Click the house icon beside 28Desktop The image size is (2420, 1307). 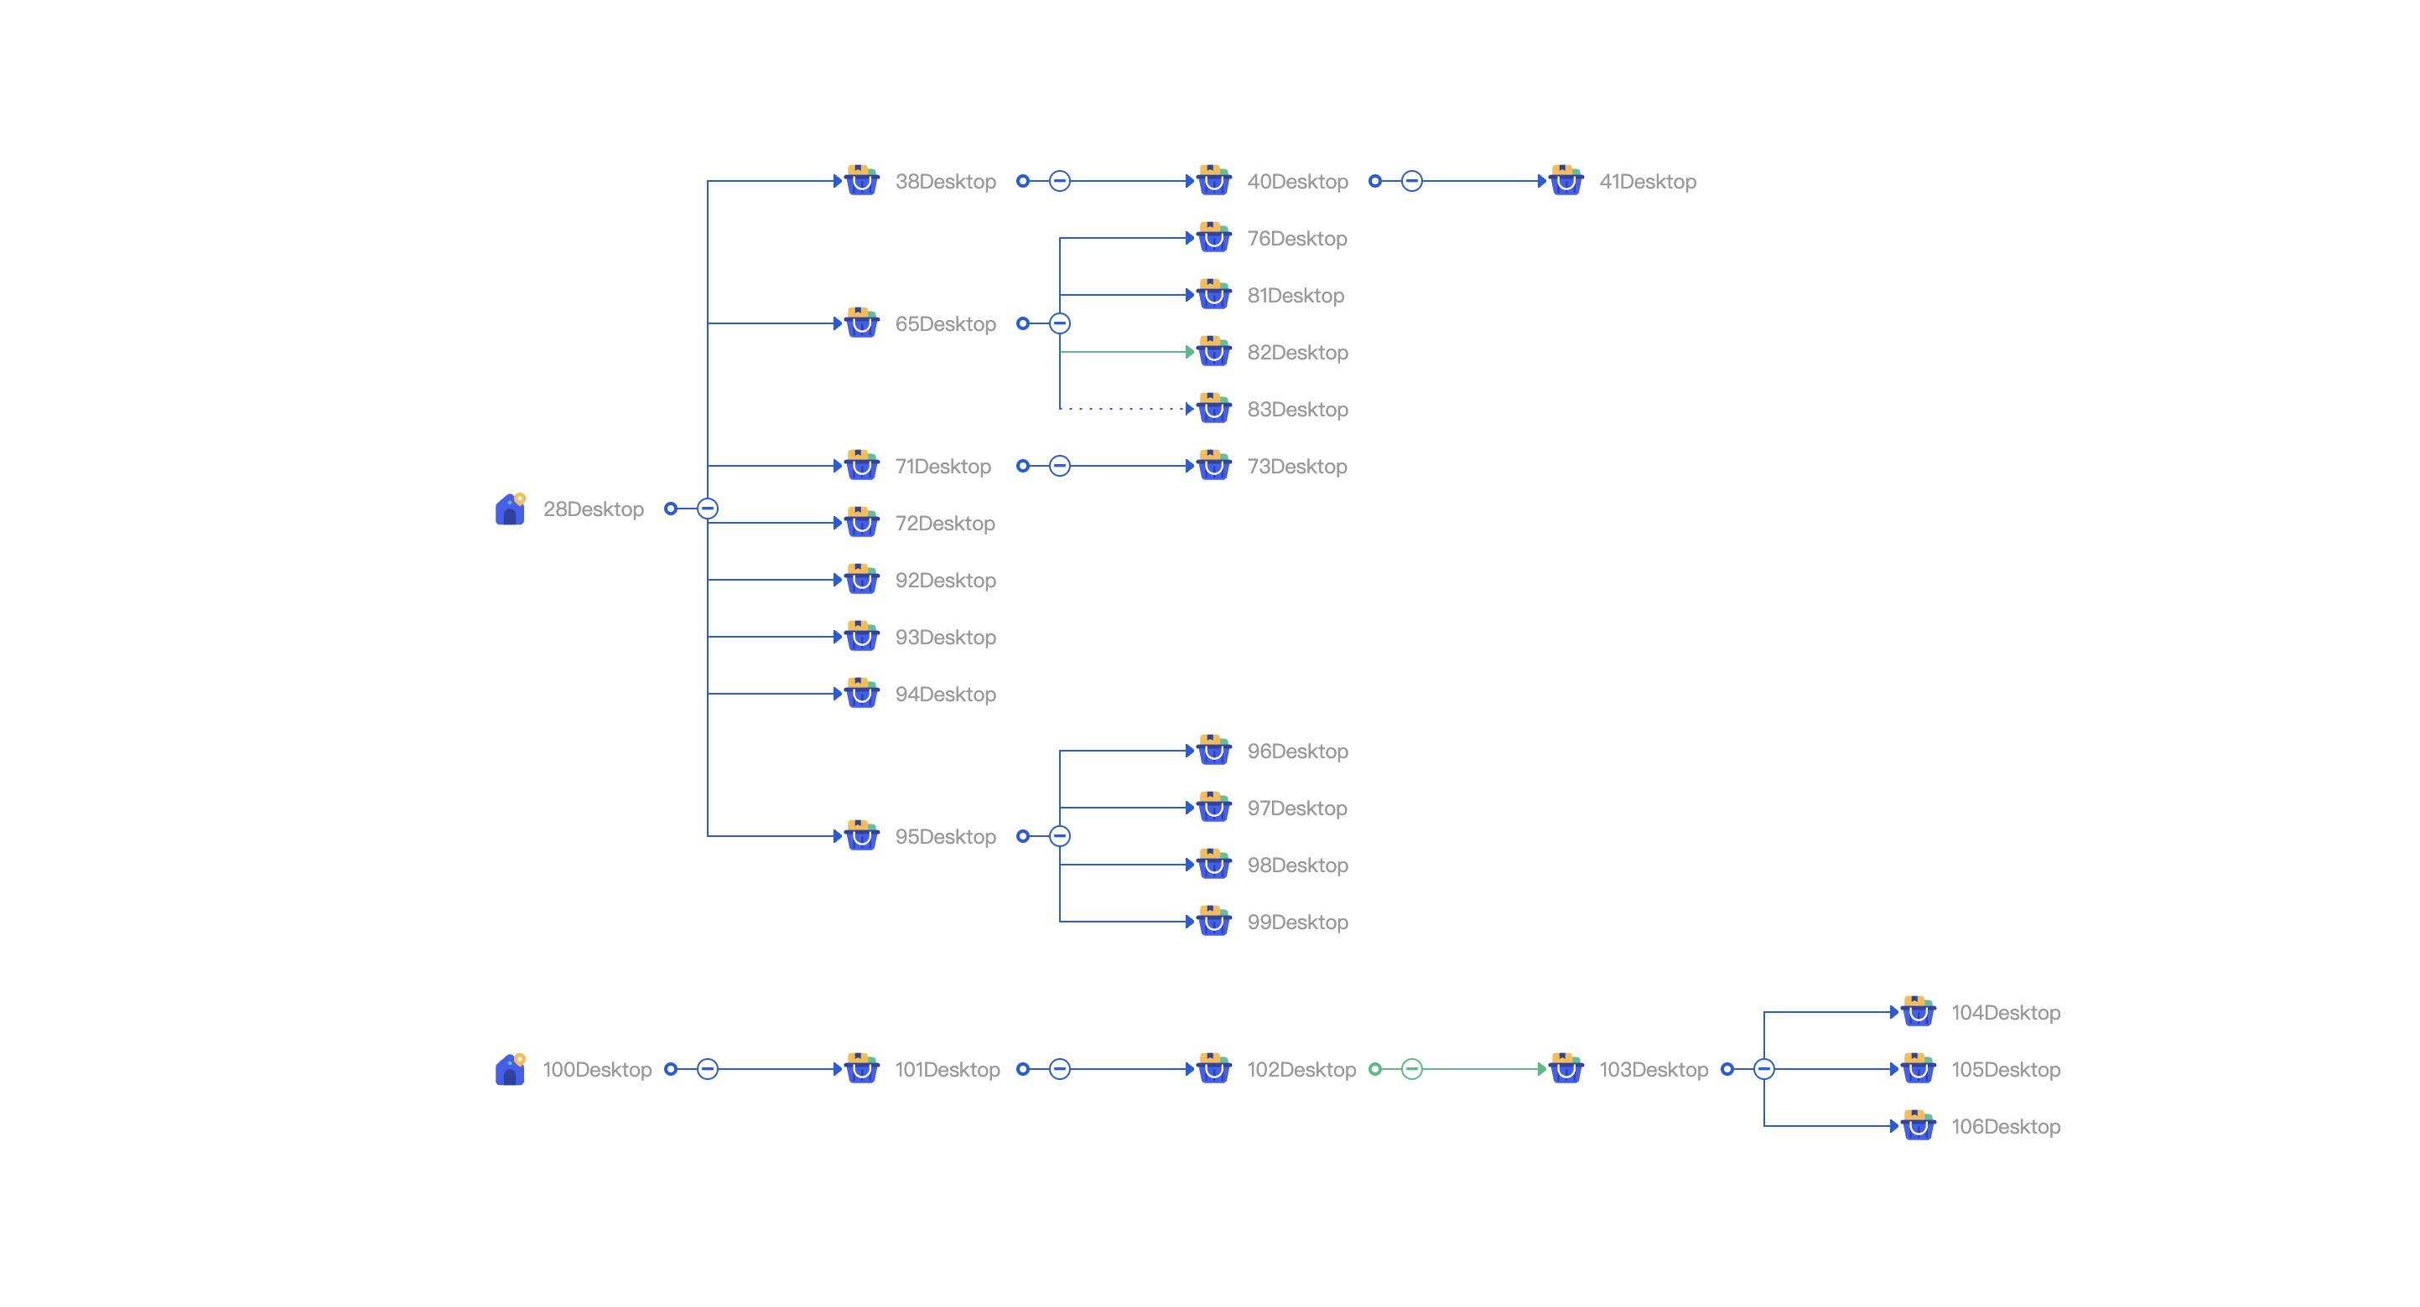coord(510,509)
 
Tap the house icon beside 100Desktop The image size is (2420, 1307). coord(510,1069)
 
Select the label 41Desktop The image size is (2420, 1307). coord(1647,181)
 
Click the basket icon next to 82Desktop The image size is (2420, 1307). coord(1213,351)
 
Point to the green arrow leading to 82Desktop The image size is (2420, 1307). coord(1127,352)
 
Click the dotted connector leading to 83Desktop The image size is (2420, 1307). coord(1127,409)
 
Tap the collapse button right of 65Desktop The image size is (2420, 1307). coord(1060,323)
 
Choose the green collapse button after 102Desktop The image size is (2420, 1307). coord(1411,1068)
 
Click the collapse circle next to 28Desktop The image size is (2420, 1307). coord(708,509)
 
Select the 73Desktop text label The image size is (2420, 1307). coord(1296,467)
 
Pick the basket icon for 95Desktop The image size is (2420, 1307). coord(861,835)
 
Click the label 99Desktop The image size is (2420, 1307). coord(1297,922)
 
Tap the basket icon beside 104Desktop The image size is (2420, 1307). coord(1918,1012)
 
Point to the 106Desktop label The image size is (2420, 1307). coord(2006,1127)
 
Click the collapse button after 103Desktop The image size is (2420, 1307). coord(1763,1068)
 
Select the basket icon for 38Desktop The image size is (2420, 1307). coord(861,180)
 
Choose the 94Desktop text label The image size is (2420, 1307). coord(945,694)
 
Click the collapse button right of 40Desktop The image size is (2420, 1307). coord(1411,181)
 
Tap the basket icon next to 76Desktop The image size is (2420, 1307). coord(1213,238)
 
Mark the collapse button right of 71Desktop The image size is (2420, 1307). coord(1060,466)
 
